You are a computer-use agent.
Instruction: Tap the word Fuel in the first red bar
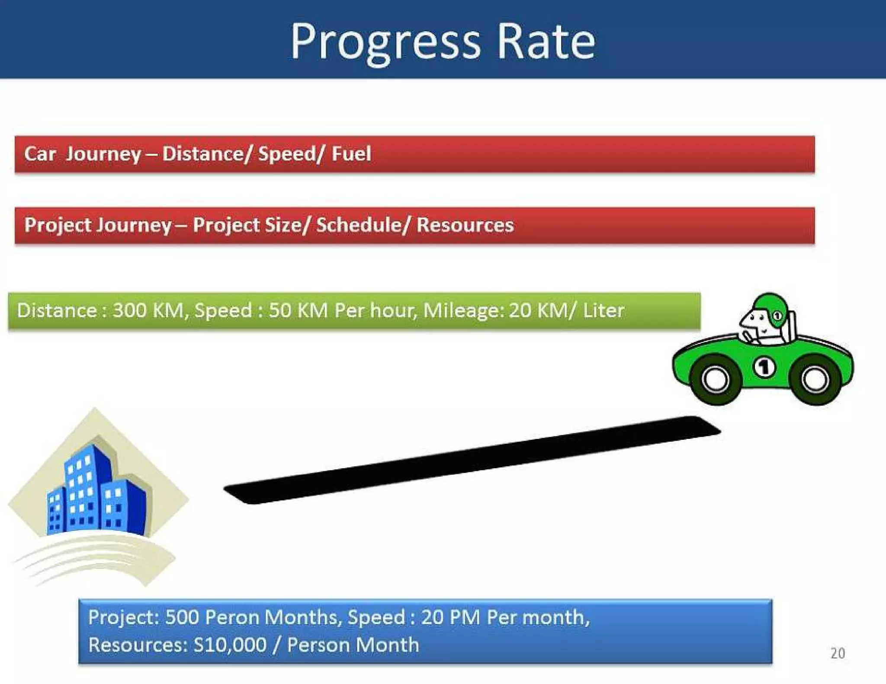(x=351, y=153)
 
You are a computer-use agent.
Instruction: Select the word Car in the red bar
(x=40, y=153)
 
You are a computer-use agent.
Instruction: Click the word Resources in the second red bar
(x=465, y=225)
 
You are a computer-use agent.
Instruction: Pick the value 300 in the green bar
(x=129, y=310)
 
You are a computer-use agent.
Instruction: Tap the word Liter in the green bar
(x=603, y=310)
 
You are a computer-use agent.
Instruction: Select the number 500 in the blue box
(x=182, y=617)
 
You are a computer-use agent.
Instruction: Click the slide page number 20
(x=838, y=653)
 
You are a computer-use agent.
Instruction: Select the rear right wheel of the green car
(x=815, y=380)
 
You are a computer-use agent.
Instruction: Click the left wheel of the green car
(x=716, y=380)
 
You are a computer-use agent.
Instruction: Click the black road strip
(x=472, y=460)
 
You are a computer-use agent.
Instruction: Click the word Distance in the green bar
(x=57, y=310)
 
